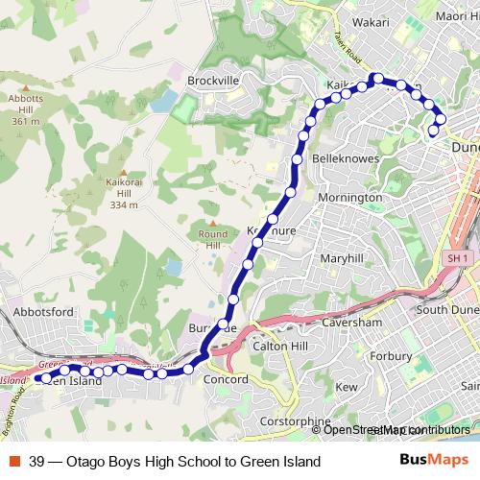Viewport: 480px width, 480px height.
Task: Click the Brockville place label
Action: coord(213,81)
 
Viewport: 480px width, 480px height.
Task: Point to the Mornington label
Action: coord(349,197)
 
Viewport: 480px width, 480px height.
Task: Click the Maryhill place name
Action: coord(343,259)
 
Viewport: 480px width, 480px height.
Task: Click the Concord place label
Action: coord(227,379)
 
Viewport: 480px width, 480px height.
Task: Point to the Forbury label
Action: coord(418,357)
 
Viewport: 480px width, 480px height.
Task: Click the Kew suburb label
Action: coord(347,387)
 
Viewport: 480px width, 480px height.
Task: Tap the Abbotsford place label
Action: coord(44,312)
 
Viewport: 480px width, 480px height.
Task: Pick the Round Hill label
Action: coord(212,239)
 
